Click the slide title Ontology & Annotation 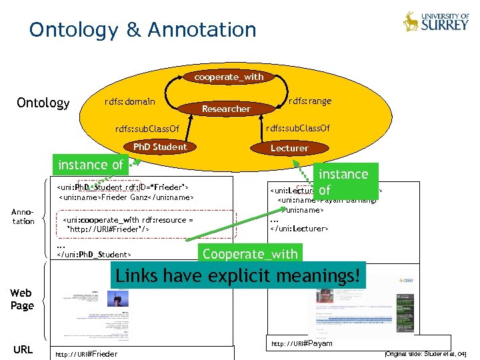143,30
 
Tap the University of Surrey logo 436,21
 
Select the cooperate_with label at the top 229,77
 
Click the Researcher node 226,109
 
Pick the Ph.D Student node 160,147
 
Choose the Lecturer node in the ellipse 289,148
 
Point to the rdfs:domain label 130,101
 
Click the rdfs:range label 310,101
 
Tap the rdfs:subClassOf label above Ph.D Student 147,128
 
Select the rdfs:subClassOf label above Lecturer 298,127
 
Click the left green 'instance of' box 91,165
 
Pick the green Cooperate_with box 250,254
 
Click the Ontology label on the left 43,103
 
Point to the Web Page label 22,299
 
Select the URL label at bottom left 23,349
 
